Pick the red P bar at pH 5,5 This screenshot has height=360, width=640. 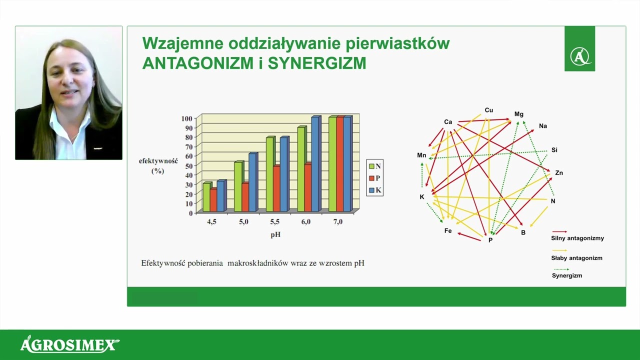pyautogui.click(x=276, y=188)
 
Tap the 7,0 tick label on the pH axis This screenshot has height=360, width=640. pyautogui.click(x=338, y=222)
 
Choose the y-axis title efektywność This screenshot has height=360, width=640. pyautogui.click(x=158, y=161)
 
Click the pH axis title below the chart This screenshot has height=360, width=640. pyautogui.click(x=275, y=234)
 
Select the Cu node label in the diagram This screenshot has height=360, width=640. pyautogui.click(x=488, y=110)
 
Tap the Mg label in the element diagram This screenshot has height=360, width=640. pyautogui.click(x=519, y=114)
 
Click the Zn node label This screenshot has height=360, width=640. pyautogui.click(x=559, y=173)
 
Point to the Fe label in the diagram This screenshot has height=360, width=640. pyautogui.click(x=448, y=231)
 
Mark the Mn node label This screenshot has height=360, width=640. pyautogui.click(x=421, y=155)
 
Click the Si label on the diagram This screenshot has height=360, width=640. pyautogui.click(x=554, y=150)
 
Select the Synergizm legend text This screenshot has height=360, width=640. pyautogui.click(x=567, y=275)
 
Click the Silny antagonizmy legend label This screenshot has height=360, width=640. pyautogui.click(x=577, y=238)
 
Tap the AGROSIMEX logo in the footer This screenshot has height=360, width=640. pyautogui.click(x=70, y=344)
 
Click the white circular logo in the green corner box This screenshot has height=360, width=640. pyautogui.click(x=579, y=55)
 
